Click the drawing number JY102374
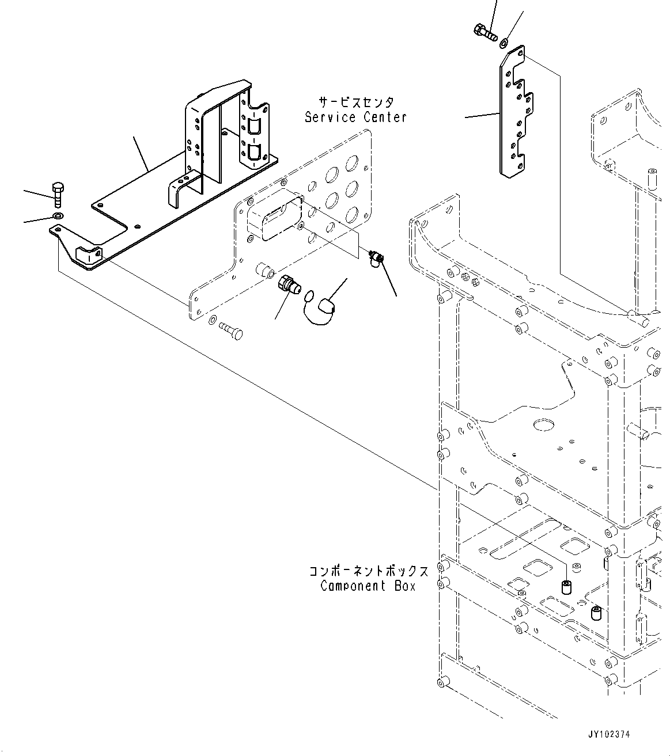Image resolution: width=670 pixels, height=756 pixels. tap(609, 735)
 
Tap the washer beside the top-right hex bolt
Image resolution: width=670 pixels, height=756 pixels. tap(505, 41)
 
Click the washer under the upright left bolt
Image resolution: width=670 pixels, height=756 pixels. tap(58, 216)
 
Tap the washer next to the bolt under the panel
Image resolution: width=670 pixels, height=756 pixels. tap(211, 320)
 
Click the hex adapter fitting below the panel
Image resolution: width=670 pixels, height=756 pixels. tap(287, 284)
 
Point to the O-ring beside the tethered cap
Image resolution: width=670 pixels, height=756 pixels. tap(309, 297)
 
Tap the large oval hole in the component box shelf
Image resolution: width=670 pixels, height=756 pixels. tap(543, 426)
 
